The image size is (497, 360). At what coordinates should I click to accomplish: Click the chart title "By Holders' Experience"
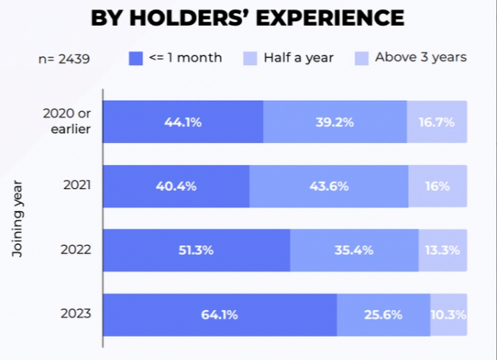[x=247, y=18]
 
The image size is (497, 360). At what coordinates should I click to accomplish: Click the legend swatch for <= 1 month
[x=135, y=57]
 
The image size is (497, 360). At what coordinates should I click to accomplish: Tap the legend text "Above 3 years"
[x=420, y=57]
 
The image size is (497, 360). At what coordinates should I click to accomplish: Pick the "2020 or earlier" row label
[x=67, y=121]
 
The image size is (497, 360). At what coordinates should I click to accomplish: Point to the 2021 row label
[x=77, y=186]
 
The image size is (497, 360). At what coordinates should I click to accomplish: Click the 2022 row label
[x=77, y=250]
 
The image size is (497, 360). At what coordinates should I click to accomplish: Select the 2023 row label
[x=77, y=314]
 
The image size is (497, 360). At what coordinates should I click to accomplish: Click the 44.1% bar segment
[x=183, y=121]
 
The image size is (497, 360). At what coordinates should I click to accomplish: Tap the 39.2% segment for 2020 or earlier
[x=335, y=121]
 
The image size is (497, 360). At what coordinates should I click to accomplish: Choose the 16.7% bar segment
[x=437, y=121]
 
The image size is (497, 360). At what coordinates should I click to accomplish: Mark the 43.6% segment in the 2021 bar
[x=328, y=186]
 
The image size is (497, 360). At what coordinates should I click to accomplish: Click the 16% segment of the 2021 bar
[x=437, y=186]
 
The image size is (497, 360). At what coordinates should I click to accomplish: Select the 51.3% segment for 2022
[x=196, y=250]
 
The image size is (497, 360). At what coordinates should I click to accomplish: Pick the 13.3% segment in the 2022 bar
[x=443, y=250]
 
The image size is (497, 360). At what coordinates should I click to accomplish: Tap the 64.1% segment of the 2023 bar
[x=219, y=314]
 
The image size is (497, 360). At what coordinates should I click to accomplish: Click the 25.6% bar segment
[x=384, y=314]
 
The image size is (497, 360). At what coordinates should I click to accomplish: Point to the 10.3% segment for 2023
[x=448, y=314]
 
